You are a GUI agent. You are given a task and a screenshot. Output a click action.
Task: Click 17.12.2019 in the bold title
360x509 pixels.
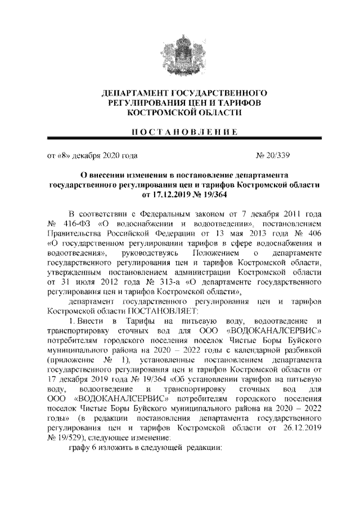pyautogui.click(x=165, y=195)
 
